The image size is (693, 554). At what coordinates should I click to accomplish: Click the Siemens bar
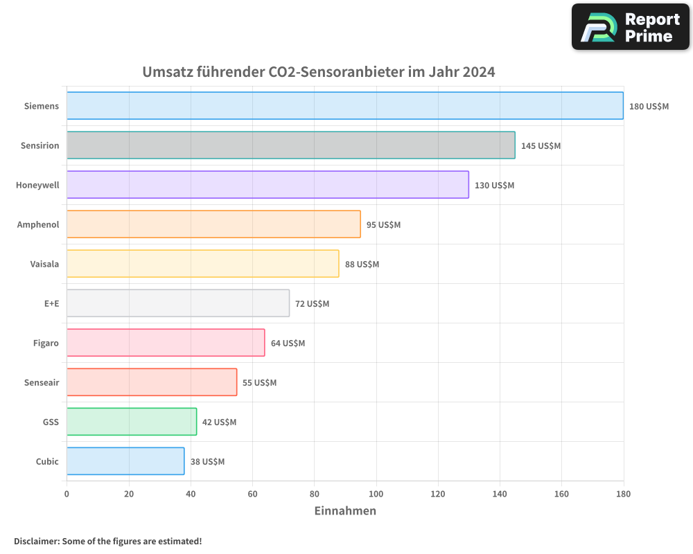click(x=344, y=106)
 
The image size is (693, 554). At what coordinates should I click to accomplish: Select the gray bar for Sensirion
click(x=290, y=145)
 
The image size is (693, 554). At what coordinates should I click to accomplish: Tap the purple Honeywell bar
click(x=267, y=185)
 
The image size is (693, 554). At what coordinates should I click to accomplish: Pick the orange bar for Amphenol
click(x=213, y=224)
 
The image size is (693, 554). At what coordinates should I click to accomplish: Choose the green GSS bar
click(x=132, y=422)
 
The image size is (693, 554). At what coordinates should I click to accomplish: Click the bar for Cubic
click(x=125, y=461)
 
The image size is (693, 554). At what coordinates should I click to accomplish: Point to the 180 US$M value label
click(x=649, y=107)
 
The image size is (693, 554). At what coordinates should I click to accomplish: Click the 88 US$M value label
click(x=362, y=265)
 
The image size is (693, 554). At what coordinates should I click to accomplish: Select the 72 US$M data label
click(x=312, y=304)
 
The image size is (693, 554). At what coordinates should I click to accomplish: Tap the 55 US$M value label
click(x=259, y=383)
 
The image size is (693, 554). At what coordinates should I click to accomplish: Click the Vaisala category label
click(x=44, y=264)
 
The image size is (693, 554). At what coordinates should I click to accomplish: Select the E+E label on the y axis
click(x=51, y=303)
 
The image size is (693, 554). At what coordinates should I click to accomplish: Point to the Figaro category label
click(x=46, y=343)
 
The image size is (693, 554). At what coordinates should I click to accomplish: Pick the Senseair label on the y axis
click(x=41, y=382)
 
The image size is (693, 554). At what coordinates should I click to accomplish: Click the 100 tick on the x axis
click(x=376, y=494)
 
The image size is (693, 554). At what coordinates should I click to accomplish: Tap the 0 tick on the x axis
click(x=67, y=494)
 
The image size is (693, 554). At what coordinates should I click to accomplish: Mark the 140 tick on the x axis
click(x=500, y=494)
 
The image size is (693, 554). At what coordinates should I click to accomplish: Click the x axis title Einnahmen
click(x=345, y=511)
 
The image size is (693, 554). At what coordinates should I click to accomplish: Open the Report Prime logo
click(x=631, y=27)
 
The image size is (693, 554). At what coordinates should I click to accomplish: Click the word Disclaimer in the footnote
click(x=35, y=541)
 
